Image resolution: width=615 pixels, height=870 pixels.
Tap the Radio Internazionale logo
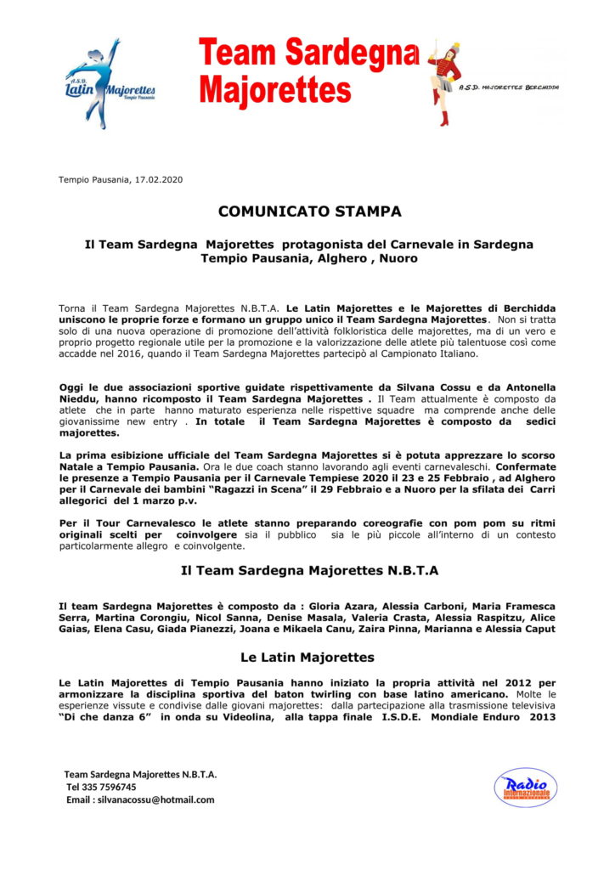coord(525,788)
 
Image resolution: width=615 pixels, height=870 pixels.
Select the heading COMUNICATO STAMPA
coord(309,211)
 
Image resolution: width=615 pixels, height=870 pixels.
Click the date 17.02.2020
coord(159,179)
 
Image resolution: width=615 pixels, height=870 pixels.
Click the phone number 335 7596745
coord(112,787)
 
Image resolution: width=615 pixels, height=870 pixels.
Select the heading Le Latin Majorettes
coord(308,658)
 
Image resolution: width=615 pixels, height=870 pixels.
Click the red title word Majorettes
coord(274,89)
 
